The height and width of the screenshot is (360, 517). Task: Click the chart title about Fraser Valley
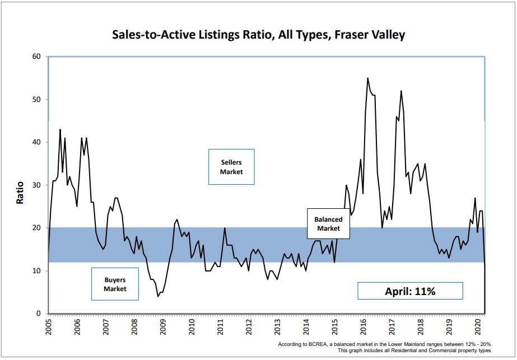pos(258,35)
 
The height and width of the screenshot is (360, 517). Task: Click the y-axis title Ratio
pos(20,191)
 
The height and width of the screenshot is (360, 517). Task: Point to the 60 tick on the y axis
pos(37,57)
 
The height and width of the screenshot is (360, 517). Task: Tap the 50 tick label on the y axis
pos(37,100)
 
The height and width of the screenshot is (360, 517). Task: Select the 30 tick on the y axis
pos(37,185)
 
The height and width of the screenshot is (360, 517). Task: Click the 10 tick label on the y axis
pos(37,271)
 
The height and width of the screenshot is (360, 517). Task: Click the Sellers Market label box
pos(231,167)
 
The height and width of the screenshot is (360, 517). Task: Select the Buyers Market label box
pos(115,284)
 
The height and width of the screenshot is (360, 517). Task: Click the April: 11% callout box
pos(410,291)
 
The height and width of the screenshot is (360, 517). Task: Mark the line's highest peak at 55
pos(367,78)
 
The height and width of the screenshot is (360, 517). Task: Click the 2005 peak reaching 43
pos(60,130)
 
